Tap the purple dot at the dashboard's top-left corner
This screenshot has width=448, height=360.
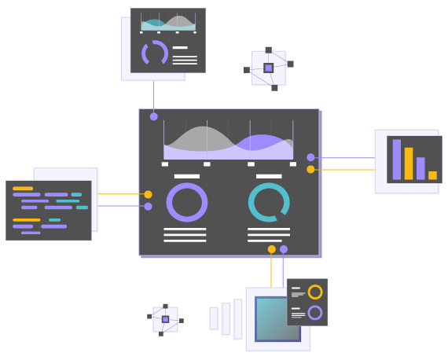click(154, 116)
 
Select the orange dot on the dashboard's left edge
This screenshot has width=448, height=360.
click(148, 194)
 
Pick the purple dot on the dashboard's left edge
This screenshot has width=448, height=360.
click(148, 206)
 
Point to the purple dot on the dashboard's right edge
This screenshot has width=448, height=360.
click(310, 157)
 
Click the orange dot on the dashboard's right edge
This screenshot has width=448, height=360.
click(310, 169)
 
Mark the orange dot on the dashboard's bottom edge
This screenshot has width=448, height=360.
click(272, 249)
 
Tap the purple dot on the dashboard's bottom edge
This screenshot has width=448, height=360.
click(284, 249)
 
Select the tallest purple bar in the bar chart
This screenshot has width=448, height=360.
click(397, 160)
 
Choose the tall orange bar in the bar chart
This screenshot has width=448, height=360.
click(409, 163)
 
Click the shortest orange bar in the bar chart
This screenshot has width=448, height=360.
click(432, 175)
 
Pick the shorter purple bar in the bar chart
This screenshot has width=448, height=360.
click(420, 168)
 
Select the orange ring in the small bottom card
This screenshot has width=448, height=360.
click(315, 292)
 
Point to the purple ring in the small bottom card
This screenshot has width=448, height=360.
click(315, 313)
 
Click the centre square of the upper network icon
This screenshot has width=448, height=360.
click(268, 68)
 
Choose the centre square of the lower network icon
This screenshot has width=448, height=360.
click(165, 319)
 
